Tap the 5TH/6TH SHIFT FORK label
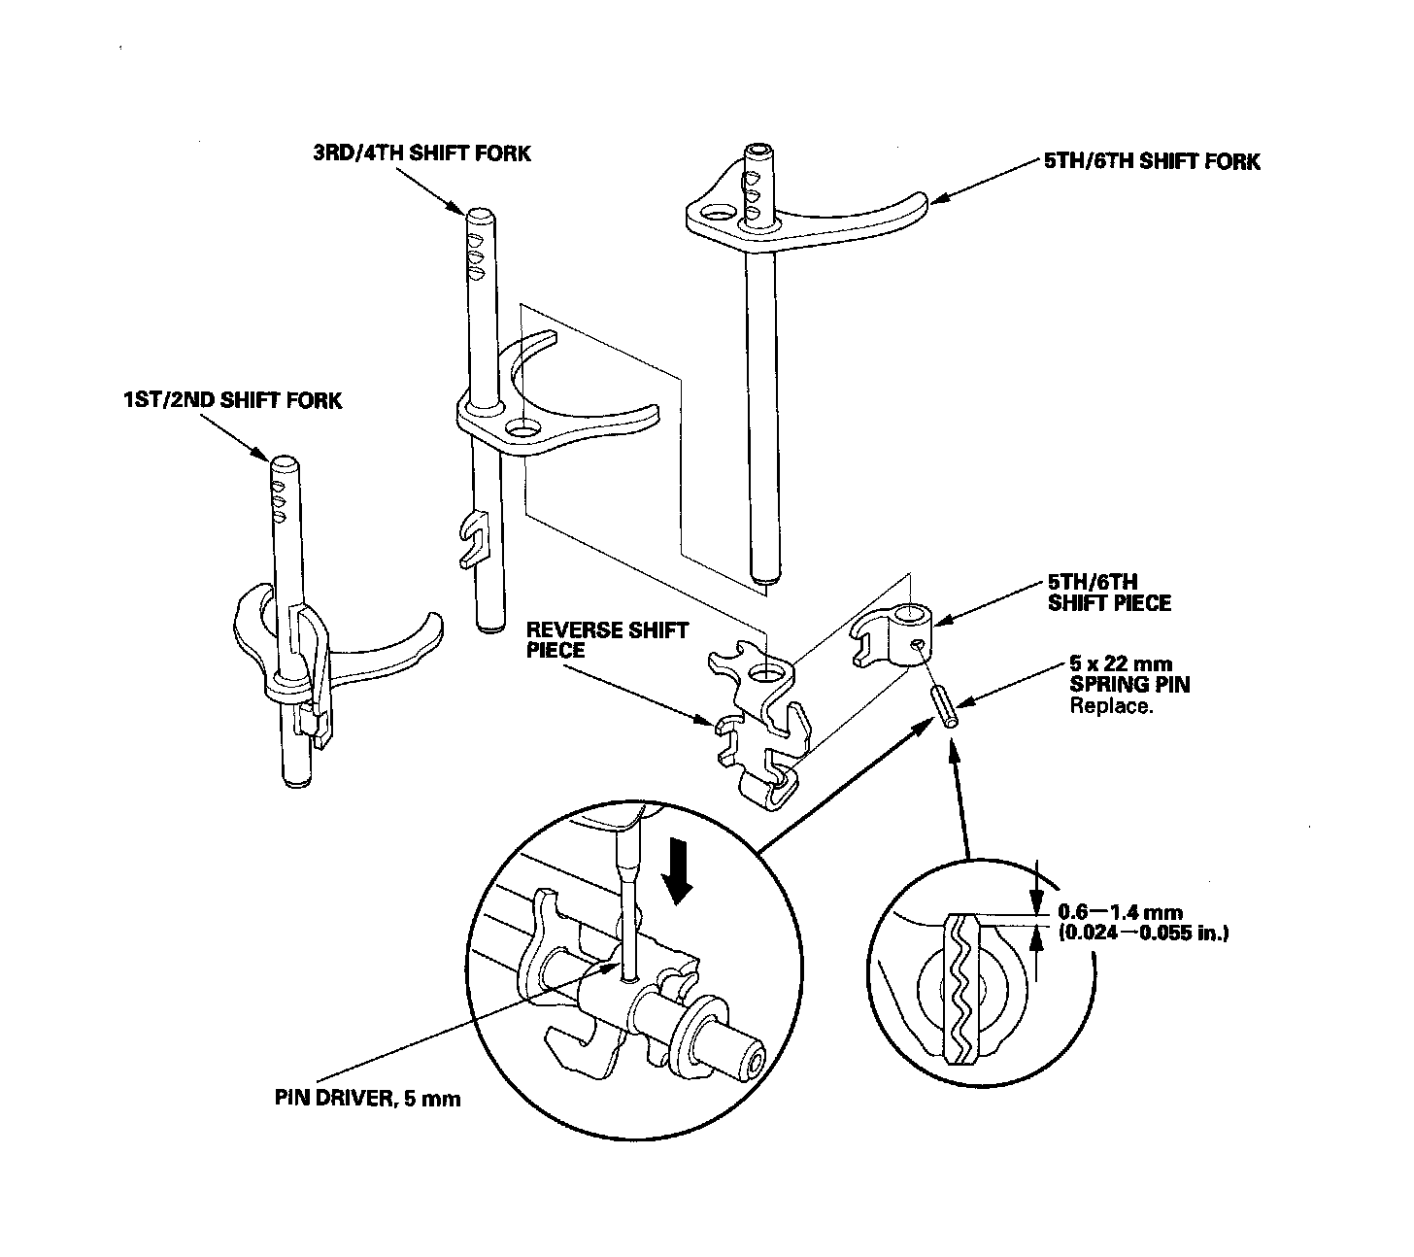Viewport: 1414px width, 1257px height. click(1152, 161)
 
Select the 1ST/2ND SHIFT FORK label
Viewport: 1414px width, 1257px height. click(233, 400)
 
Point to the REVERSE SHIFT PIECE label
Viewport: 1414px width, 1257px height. click(607, 640)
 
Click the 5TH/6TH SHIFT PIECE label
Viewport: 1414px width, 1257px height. click(1109, 593)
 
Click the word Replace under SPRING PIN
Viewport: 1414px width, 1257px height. click(1111, 706)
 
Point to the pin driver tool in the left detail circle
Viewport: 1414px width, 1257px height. click(627, 894)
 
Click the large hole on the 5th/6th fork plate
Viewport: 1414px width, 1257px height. click(720, 213)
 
